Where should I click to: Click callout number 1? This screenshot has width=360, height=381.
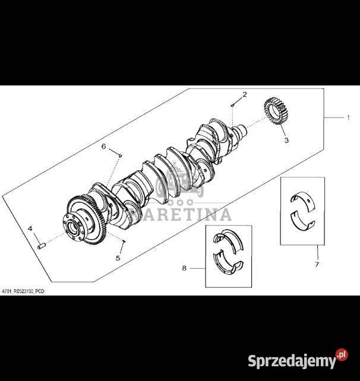pos(348,118)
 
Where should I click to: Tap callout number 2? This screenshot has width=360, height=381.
pos(245,94)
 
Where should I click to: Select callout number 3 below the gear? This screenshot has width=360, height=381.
pos(286,140)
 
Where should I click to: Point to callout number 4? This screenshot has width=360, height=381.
pos(30,228)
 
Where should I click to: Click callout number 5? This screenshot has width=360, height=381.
pos(118,258)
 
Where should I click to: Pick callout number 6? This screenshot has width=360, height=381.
pos(104,147)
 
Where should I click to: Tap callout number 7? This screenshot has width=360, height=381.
pos(317,264)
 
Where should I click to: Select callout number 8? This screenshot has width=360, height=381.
pos(184,268)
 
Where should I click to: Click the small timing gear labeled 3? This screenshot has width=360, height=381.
pos(276,111)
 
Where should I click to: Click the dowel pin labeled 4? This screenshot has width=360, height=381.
pos(42,246)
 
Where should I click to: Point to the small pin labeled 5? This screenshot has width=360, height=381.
pos(124,241)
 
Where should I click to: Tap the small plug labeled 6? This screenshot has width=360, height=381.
pos(120,155)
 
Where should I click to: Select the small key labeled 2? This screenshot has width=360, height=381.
pos(232,105)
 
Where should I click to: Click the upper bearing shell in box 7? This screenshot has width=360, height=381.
pos(303,200)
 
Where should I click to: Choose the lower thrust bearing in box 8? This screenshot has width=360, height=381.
pos(228,263)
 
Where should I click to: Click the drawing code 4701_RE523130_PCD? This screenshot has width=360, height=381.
pos(23,291)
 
